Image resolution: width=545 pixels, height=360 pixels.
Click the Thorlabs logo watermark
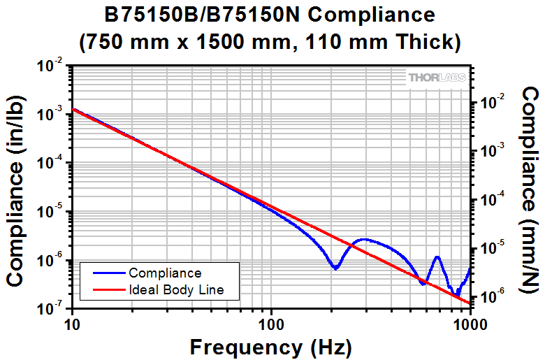(434, 78)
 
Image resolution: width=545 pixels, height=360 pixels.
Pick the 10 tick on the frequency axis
(72, 324)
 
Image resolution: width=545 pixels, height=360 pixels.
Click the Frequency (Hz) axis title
(270, 346)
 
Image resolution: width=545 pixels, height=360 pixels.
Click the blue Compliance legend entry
(165, 273)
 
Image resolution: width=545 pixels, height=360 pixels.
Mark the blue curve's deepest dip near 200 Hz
(336, 268)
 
